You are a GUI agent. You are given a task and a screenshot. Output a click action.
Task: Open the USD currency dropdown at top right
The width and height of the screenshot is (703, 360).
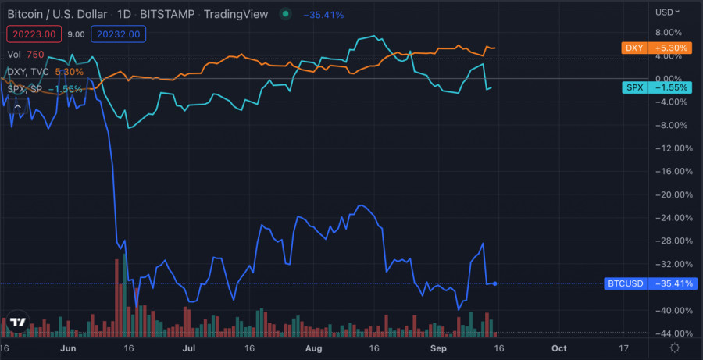click(x=667, y=12)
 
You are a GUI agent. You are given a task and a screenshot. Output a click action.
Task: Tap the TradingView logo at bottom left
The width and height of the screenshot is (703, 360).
click(x=17, y=322)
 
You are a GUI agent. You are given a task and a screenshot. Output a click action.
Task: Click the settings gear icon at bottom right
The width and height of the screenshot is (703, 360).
click(x=674, y=347)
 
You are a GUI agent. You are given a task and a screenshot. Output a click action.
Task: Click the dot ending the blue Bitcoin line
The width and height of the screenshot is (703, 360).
click(x=495, y=283)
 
